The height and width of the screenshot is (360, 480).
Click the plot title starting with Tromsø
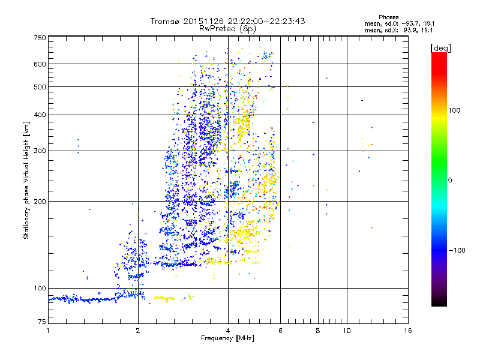click(x=228, y=21)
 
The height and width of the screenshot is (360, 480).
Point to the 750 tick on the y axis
click(x=40, y=37)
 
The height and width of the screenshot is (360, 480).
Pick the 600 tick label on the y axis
click(x=40, y=64)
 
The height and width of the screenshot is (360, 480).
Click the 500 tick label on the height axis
click(x=40, y=86)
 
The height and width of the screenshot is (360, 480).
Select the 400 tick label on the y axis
click(x=40, y=115)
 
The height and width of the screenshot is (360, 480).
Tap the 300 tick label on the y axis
click(x=40, y=151)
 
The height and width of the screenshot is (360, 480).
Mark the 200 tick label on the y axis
click(x=40, y=201)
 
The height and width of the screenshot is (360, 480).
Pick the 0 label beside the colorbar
click(x=451, y=180)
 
